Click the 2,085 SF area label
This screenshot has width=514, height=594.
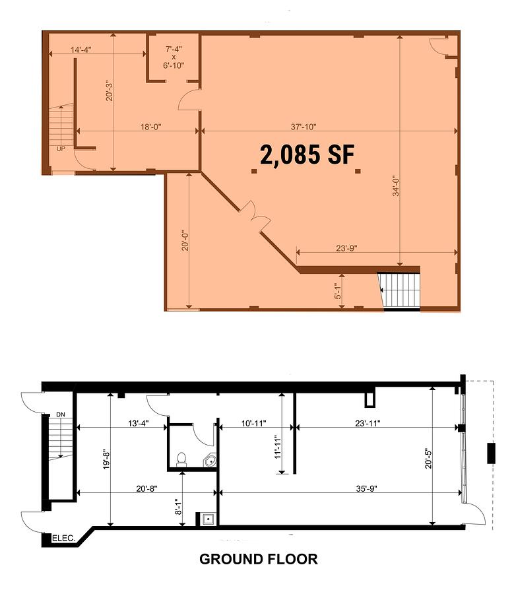click(x=307, y=154)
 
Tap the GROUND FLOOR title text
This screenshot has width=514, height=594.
click(x=259, y=559)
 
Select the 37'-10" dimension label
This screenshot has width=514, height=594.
click(x=304, y=127)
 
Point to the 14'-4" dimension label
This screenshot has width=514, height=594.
click(x=81, y=49)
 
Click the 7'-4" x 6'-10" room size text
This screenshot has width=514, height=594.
click(x=174, y=57)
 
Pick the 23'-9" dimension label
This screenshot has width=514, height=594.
click(x=346, y=248)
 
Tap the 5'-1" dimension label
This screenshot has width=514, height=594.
click(x=338, y=291)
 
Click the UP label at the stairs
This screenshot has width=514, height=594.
click(x=61, y=149)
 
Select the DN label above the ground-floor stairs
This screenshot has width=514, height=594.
click(x=61, y=414)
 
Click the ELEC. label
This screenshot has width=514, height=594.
click(x=64, y=538)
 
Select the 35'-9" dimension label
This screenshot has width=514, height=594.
click(x=366, y=488)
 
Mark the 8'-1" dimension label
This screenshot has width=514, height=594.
click(x=178, y=506)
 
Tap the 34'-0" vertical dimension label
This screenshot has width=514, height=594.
click(x=396, y=185)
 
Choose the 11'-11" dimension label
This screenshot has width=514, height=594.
click(x=278, y=447)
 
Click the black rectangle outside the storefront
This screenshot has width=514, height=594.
click(x=491, y=453)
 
